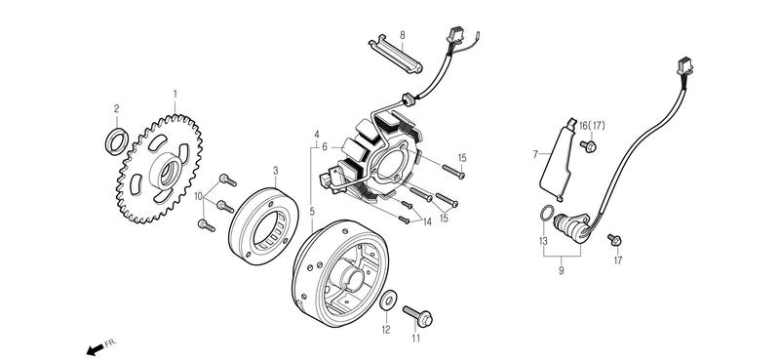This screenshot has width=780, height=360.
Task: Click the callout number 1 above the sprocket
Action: [175, 94]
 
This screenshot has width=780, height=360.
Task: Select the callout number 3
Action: [276, 171]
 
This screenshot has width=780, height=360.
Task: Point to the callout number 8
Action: [403, 35]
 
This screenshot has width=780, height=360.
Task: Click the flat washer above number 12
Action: [388, 300]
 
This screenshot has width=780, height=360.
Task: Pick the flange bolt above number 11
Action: [418, 316]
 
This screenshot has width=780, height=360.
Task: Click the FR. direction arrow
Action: [95, 349]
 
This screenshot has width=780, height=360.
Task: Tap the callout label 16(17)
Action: [592, 126]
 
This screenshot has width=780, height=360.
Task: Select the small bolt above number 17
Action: [615, 240]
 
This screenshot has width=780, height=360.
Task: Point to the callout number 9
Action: [562, 271]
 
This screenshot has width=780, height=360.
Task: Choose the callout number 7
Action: [535, 154]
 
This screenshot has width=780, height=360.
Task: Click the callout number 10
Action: [199, 196]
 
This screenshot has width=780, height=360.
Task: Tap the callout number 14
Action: [427, 222]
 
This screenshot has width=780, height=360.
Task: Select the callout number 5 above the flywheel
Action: [312, 211]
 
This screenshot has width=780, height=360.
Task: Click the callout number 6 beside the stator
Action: [325, 147]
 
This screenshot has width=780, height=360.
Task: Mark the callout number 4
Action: [316, 134]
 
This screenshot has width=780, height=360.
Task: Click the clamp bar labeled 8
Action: [396, 54]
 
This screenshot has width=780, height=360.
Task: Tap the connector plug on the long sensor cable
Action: [684, 65]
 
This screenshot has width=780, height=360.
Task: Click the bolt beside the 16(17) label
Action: [589, 146]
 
